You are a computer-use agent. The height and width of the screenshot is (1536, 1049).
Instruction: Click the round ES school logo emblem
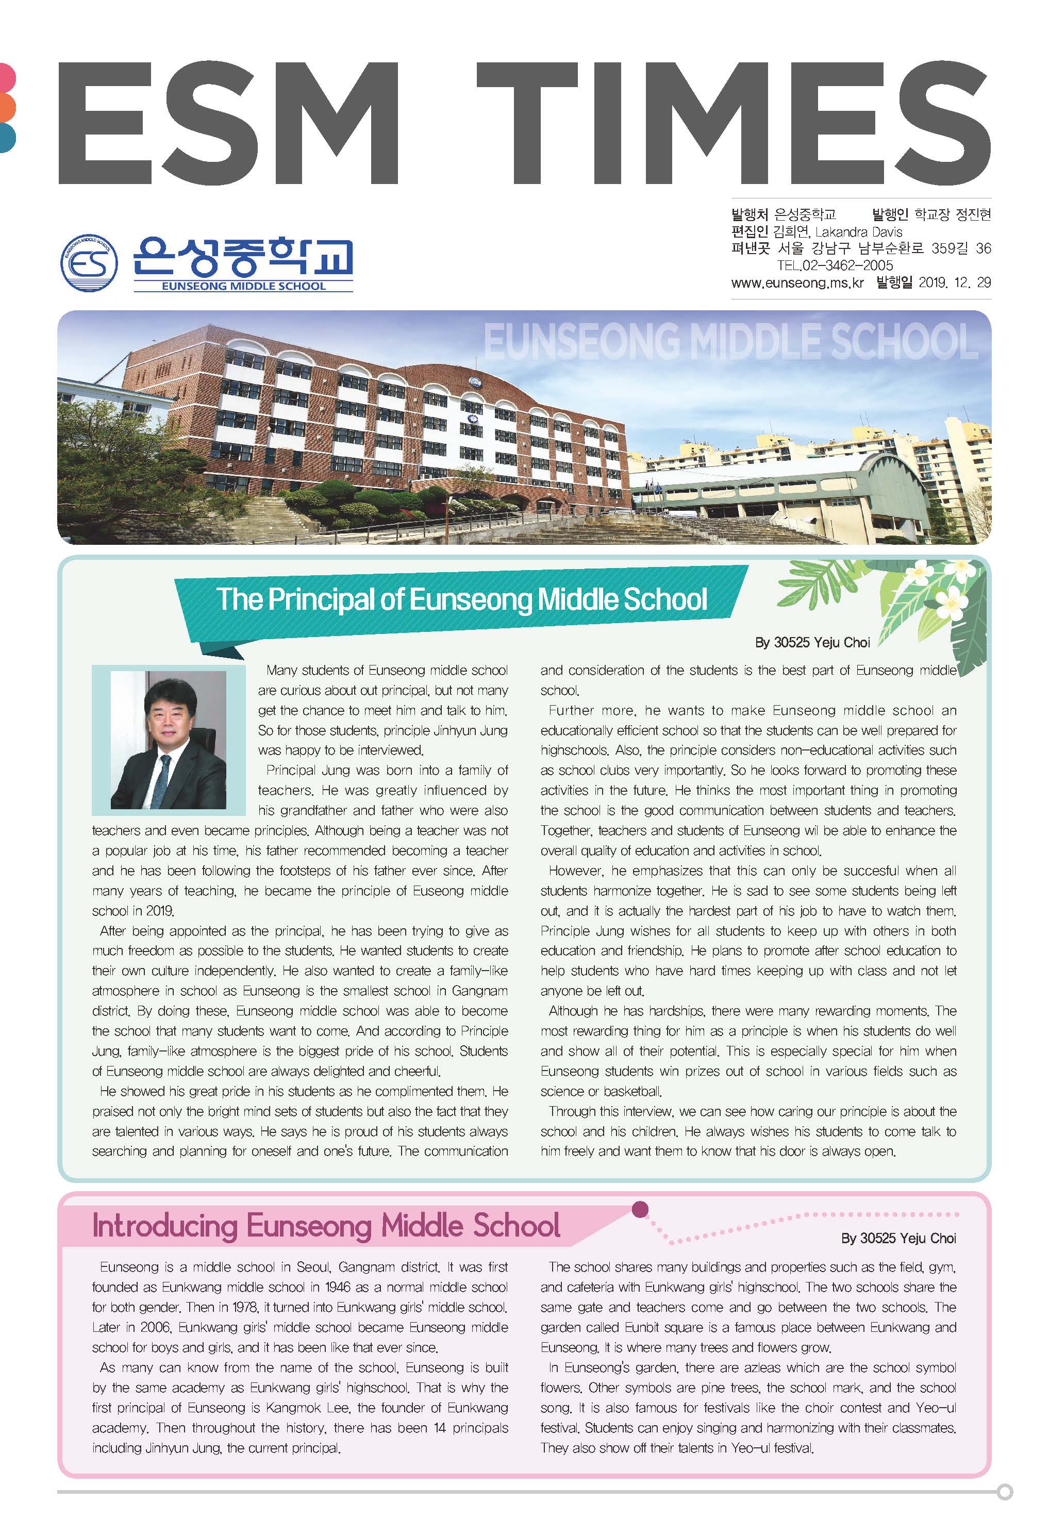click(89, 262)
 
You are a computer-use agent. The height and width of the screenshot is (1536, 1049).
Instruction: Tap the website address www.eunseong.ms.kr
click(797, 283)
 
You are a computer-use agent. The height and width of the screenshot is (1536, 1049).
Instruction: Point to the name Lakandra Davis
click(859, 232)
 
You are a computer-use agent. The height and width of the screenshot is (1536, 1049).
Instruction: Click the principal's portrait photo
click(168, 740)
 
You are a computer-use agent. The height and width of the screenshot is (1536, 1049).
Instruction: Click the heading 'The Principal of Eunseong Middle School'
click(461, 599)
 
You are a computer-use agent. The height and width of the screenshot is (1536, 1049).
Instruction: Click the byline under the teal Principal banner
click(812, 642)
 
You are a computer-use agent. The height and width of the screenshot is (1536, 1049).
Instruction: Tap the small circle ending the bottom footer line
click(1005, 1492)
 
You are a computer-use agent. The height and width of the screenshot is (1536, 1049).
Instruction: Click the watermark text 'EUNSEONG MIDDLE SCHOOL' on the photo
click(730, 342)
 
